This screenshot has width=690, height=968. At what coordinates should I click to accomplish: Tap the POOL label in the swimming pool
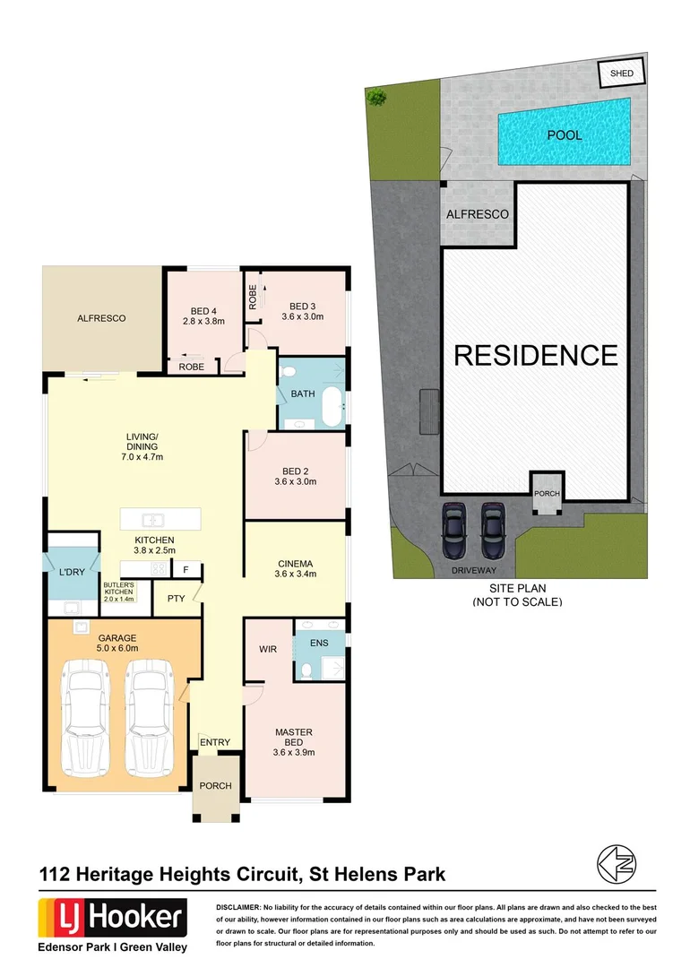point(565,135)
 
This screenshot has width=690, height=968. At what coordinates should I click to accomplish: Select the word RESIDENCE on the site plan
point(536,355)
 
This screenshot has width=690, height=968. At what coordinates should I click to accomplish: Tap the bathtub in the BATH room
point(332,407)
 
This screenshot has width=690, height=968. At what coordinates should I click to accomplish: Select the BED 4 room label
point(203,315)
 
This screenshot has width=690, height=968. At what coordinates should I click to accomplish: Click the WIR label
point(267,648)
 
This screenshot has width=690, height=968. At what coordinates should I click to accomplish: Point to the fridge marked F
point(186,568)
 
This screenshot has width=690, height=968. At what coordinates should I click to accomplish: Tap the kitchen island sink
point(154,519)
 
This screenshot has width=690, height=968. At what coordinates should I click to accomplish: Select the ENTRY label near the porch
point(215,742)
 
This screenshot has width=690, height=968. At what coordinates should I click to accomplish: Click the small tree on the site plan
point(376,96)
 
